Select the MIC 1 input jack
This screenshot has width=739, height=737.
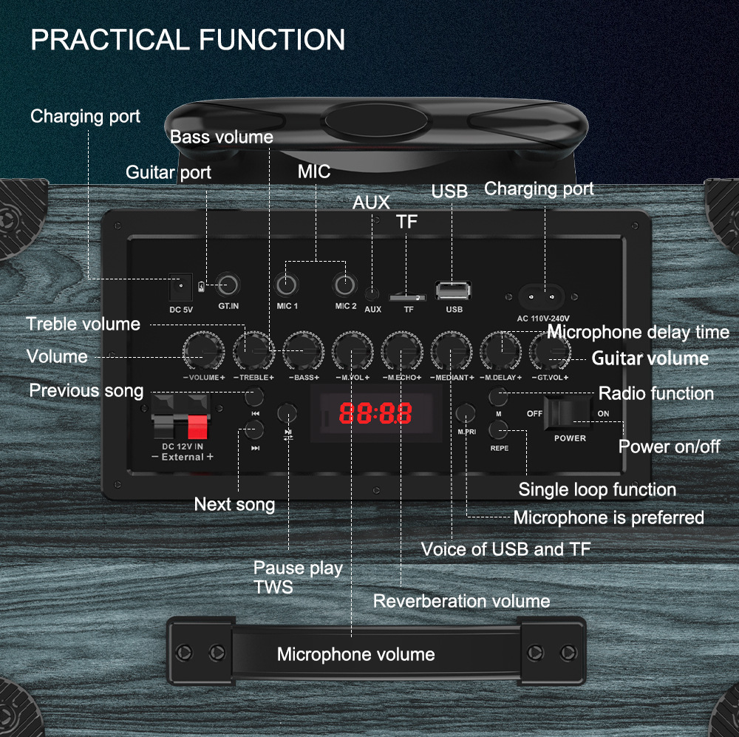tap(287, 285)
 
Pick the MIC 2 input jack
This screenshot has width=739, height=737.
tap(344, 284)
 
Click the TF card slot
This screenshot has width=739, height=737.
tap(408, 296)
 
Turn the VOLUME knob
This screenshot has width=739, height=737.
tap(203, 350)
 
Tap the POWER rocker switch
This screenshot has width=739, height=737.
tap(568, 413)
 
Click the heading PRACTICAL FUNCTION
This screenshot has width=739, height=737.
tap(188, 40)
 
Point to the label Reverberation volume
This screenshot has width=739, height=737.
tap(461, 601)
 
